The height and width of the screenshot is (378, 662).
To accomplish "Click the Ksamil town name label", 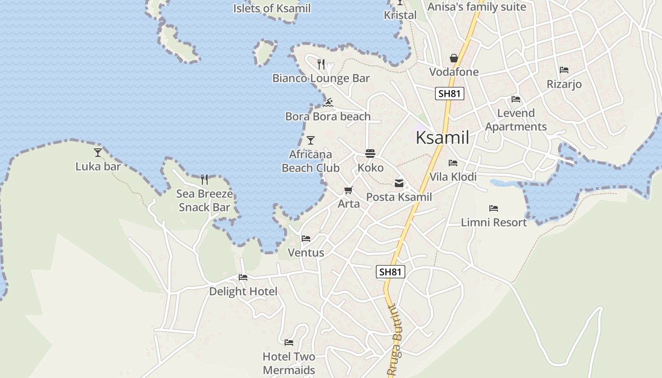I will click(x=442, y=137).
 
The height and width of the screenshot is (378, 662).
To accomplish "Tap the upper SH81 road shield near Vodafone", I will click(x=449, y=94).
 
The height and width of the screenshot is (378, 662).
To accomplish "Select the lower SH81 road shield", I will click(x=391, y=272).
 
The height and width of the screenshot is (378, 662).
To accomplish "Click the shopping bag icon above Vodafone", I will click(x=454, y=58).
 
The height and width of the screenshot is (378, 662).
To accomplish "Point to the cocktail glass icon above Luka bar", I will click(x=98, y=152).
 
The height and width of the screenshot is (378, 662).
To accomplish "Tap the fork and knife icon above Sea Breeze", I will click(x=204, y=180).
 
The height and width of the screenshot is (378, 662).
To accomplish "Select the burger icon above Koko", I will click(x=370, y=154).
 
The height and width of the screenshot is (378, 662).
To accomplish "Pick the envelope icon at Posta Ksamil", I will click(x=399, y=183).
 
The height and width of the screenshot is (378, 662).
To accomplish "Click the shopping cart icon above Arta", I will click(x=348, y=190).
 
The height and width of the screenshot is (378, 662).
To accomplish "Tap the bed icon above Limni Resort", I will click(x=494, y=208).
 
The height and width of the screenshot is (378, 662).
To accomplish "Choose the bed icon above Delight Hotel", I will click(x=243, y=277).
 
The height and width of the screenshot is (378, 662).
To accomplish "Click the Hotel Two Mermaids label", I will click(x=289, y=363).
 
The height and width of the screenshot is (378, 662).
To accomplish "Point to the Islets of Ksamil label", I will click(x=272, y=8).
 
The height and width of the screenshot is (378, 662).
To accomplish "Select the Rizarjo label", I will click(x=564, y=84).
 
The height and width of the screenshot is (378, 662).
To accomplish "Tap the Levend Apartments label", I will click(x=516, y=120).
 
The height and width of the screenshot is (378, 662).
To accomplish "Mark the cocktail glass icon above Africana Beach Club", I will click(x=311, y=140).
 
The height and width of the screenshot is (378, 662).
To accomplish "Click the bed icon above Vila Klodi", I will click(x=453, y=163).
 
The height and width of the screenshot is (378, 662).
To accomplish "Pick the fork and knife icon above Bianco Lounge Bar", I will click(x=321, y=64).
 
